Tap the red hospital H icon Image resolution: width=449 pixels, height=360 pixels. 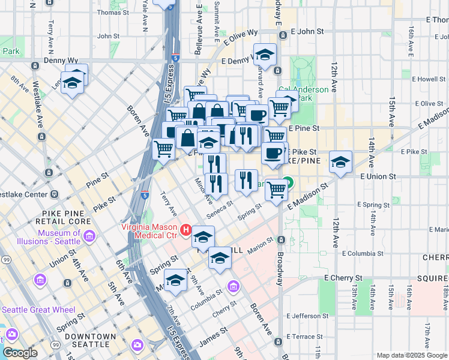(x=186, y=230)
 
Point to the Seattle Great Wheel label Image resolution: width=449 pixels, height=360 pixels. (x=38, y=310)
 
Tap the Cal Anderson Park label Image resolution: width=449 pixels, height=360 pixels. (x=306, y=94)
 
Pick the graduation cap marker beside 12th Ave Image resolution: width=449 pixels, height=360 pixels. (x=340, y=162)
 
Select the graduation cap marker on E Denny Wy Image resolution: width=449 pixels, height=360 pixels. (x=265, y=56)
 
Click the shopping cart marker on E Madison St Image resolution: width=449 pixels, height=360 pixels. (x=276, y=190)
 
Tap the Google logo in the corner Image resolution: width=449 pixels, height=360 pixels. (x=20, y=352)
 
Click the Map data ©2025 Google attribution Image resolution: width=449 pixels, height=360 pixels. (x=412, y=355)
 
